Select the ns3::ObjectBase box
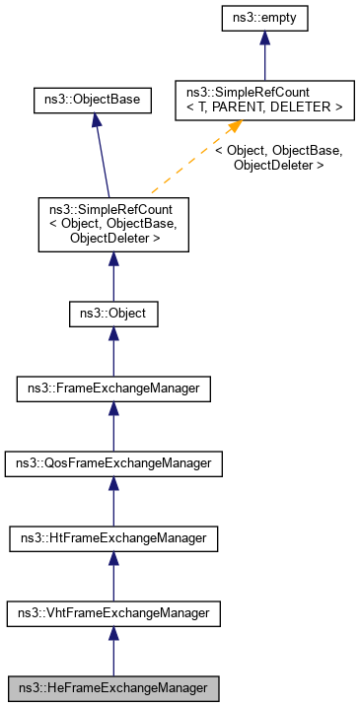[x=92, y=100]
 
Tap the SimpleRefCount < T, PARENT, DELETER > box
[x=260, y=100]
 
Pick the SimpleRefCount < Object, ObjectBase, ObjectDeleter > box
[x=113, y=224]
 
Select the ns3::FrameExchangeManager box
[x=113, y=389]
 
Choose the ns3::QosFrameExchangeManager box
[x=113, y=463]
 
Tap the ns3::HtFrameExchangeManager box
[x=113, y=538]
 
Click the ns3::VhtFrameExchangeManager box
[x=113, y=612]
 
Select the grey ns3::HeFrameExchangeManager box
[x=113, y=687]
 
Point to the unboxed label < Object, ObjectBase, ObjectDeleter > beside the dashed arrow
[x=279, y=158]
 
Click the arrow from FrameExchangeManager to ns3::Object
[x=113, y=353]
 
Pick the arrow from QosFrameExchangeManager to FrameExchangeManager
[x=113, y=427]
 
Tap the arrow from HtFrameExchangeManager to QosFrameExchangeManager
[x=113, y=501]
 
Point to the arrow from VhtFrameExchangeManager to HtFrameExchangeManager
[x=113, y=576]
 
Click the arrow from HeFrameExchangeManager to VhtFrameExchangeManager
[x=113, y=650]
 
